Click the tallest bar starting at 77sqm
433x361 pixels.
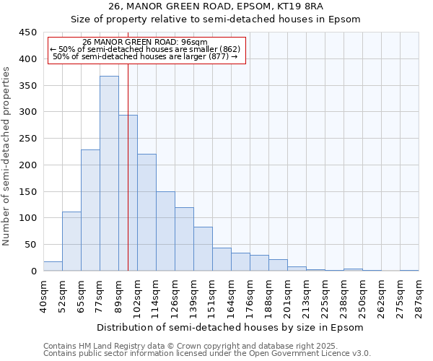(x=109, y=173)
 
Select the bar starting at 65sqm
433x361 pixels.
(x=90, y=210)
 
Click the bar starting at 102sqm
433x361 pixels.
(x=146, y=212)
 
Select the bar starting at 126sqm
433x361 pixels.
(x=184, y=239)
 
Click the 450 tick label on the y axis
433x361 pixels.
(x=28, y=32)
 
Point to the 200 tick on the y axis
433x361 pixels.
(x=28, y=165)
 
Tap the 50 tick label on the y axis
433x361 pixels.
(x=31, y=245)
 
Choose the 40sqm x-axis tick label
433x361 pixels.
(x=43, y=295)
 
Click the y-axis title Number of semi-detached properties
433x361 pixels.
(x=6, y=156)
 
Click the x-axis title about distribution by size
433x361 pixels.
(x=231, y=327)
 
